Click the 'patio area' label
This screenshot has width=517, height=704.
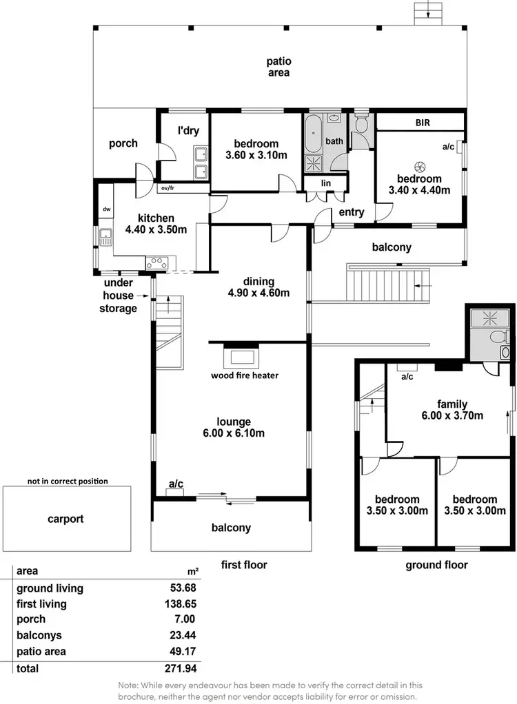(x=278, y=67)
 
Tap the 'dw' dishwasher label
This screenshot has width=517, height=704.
(x=107, y=209)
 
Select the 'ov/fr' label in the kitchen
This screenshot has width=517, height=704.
(x=168, y=187)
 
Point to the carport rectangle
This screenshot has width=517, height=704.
(x=66, y=519)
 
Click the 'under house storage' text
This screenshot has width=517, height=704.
(x=119, y=296)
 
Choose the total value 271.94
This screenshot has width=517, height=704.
(x=183, y=668)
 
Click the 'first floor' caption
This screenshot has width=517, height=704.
(x=243, y=565)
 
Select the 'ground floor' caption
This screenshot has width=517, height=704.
(x=436, y=565)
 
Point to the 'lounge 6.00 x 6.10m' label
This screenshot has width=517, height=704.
(x=234, y=427)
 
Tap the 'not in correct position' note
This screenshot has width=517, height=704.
(x=68, y=481)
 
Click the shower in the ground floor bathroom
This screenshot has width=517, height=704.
(x=482, y=320)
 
